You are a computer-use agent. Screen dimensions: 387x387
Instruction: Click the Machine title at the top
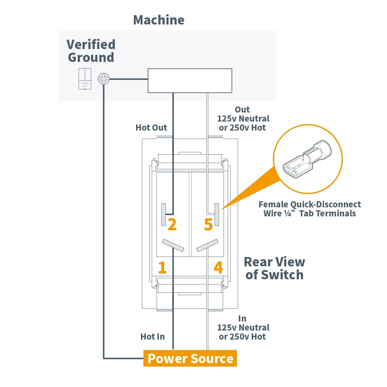click(x=159, y=20)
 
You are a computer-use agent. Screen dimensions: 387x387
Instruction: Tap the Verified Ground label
click(x=91, y=51)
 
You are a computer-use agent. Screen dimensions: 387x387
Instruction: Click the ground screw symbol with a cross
click(x=104, y=78)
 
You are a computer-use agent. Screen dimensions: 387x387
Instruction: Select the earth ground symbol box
click(x=85, y=79)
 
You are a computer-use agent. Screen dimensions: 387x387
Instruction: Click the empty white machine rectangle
click(x=190, y=81)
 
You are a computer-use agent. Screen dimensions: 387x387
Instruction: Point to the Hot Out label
click(x=151, y=128)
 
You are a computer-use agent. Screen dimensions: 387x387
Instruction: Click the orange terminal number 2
click(x=172, y=224)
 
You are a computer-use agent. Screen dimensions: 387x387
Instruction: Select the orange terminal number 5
click(x=208, y=224)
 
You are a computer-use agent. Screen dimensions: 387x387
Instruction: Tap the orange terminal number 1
click(x=162, y=267)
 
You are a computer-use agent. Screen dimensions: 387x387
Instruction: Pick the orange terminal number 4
click(x=218, y=267)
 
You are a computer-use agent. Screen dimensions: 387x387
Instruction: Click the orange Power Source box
click(x=190, y=358)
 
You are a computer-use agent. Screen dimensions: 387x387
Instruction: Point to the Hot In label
click(x=152, y=337)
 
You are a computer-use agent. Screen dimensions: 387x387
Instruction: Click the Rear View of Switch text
click(x=274, y=268)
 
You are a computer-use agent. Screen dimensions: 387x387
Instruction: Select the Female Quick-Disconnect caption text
click(x=310, y=209)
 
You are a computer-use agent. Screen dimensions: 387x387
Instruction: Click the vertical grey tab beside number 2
click(x=164, y=214)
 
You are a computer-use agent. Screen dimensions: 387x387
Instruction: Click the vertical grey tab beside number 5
click(x=217, y=214)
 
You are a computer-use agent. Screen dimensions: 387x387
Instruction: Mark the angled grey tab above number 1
click(x=173, y=245)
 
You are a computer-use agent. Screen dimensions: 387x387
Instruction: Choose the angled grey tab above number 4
click(x=207, y=245)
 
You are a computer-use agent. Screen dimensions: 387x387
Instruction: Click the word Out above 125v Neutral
click(x=242, y=110)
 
